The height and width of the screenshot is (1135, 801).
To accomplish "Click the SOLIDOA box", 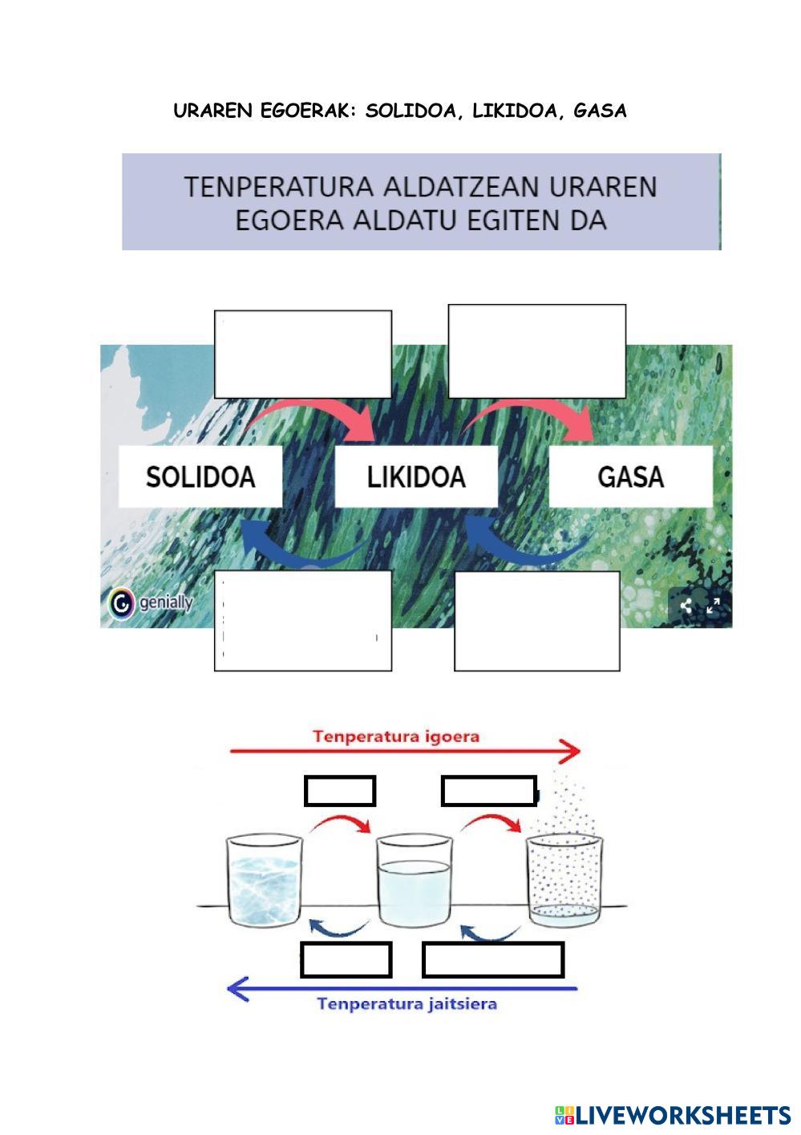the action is pyautogui.click(x=200, y=476).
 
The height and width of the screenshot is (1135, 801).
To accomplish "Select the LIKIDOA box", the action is pyautogui.click(x=416, y=476).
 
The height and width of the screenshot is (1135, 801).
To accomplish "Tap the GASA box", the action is pyautogui.click(x=630, y=476).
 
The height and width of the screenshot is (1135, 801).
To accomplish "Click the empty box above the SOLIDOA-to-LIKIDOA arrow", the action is pyautogui.click(x=303, y=354).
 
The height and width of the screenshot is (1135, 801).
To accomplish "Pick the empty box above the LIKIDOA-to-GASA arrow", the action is pyautogui.click(x=536, y=351).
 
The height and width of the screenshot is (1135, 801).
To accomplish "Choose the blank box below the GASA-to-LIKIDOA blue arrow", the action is pyautogui.click(x=536, y=620).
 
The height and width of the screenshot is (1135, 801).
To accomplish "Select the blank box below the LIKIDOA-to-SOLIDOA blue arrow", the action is pyautogui.click(x=303, y=620).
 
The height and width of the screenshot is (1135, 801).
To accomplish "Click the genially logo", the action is pyautogui.click(x=151, y=603).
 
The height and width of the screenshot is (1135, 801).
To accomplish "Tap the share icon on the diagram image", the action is pyautogui.click(x=686, y=606).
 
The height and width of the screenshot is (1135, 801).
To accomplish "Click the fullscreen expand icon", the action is pyautogui.click(x=713, y=606).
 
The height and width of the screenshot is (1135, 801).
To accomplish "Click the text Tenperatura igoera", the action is pyautogui.click(x=396, y=736).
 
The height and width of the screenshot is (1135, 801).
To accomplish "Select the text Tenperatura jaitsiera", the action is pyautogui.click(x=407, y=1003).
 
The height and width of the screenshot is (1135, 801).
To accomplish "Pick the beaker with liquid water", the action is pyautogui.click(x=414, y=880).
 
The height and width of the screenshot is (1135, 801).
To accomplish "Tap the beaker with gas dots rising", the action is pyautogui.click(x=563, y=882).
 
